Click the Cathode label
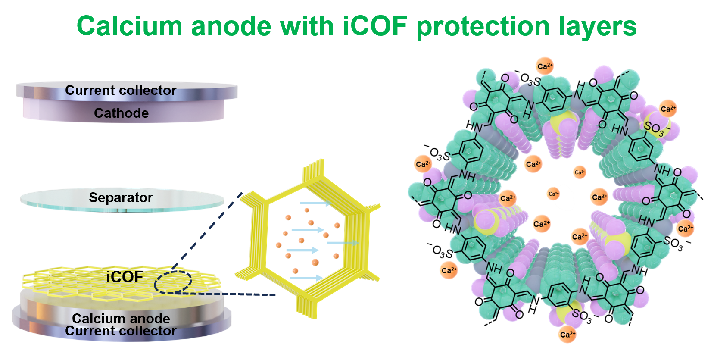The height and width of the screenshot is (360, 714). pos(121,113)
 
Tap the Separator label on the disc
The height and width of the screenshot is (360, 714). pos(121,197)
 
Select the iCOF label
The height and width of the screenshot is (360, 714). pos(125,277)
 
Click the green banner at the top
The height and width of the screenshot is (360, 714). pos(361,28)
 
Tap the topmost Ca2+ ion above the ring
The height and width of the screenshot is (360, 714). pos(545,66)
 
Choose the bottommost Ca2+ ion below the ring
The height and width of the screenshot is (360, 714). pos(567,335)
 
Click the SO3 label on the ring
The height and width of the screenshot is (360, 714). pos(653,128)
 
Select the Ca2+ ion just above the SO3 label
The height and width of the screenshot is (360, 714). pos(668,109)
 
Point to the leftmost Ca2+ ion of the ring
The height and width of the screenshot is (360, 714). pos(423,164)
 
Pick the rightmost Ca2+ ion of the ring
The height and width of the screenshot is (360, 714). pos(685,228)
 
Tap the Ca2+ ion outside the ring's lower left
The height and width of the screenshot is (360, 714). pos(449,271)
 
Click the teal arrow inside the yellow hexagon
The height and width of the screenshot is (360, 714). pos(351,243)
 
